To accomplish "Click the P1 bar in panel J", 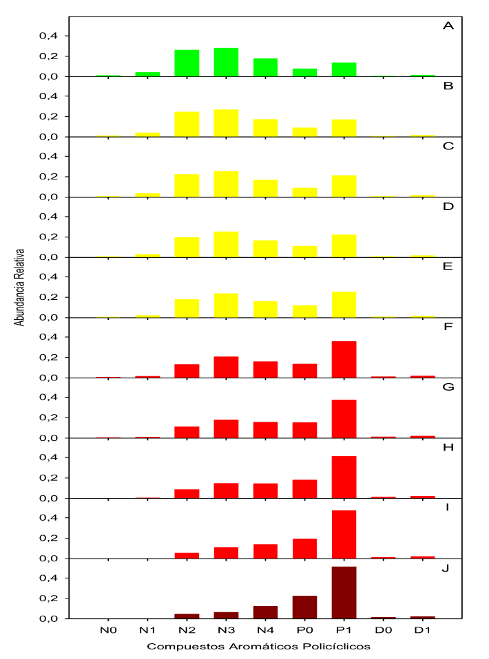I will point(344,592).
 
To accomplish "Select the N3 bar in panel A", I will point(226,62).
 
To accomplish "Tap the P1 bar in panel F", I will point(344,359).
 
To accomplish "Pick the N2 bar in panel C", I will point(187,186).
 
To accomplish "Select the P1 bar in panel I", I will point(344,534).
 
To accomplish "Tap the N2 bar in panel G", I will point(187,432).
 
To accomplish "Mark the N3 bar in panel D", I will point(226,244).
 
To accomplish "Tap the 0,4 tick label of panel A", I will point(57,36).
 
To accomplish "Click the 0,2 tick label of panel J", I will point(57,598).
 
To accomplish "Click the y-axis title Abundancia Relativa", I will point(20,287).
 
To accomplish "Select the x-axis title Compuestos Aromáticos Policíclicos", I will point(258,647).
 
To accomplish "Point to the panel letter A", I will point(448,26).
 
